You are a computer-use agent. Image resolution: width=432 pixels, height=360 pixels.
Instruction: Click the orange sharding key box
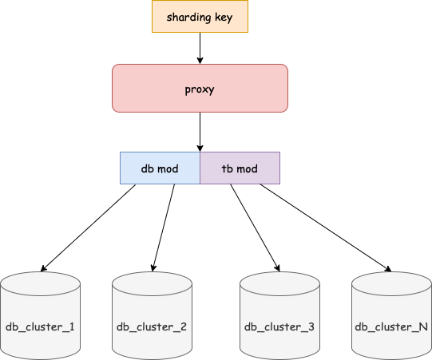200,17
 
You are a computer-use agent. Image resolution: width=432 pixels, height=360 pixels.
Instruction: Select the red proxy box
200,88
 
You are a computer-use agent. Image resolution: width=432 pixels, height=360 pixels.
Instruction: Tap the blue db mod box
160,168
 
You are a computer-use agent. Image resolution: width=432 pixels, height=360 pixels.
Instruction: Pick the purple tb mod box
240,168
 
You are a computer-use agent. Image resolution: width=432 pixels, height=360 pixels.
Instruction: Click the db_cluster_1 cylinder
40,315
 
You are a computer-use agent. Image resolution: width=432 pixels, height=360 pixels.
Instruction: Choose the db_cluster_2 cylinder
152,315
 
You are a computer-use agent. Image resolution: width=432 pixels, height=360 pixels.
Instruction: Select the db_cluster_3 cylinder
279,315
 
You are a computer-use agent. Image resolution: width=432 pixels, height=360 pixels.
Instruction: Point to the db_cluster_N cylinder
391,315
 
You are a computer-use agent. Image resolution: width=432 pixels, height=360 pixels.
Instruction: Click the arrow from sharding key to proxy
200,48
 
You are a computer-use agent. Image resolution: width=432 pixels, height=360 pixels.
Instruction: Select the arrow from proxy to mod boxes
200,132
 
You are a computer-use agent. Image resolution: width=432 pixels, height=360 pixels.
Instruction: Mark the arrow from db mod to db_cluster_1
88,227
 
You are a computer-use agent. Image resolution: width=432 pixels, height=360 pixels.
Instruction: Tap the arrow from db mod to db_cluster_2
163,227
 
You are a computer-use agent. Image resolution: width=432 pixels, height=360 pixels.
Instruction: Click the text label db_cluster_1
40,326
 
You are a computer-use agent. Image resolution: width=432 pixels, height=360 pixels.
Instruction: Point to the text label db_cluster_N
391,326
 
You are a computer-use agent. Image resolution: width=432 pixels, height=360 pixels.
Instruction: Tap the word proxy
200,88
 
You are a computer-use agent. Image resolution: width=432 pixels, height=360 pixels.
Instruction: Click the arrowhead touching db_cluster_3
276,267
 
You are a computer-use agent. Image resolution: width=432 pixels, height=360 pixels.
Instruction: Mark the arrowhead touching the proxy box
200,61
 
